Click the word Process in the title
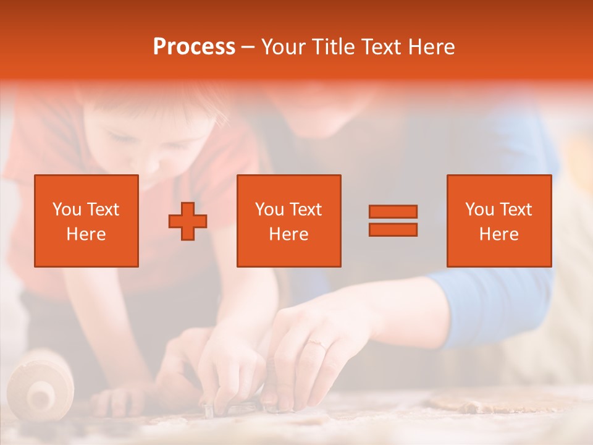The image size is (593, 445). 194,47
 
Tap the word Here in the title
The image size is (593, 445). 431,47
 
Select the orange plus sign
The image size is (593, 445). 188,221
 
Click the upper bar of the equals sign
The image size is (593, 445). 393,211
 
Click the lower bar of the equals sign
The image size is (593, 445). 393,229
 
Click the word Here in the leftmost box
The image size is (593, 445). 86,234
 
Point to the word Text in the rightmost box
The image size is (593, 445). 516,210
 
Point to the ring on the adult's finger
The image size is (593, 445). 318,344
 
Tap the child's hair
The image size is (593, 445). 154,108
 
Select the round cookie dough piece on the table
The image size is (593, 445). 469,402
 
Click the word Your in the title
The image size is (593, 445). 284,47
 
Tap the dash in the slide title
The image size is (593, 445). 248,47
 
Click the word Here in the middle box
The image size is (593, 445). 288,234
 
